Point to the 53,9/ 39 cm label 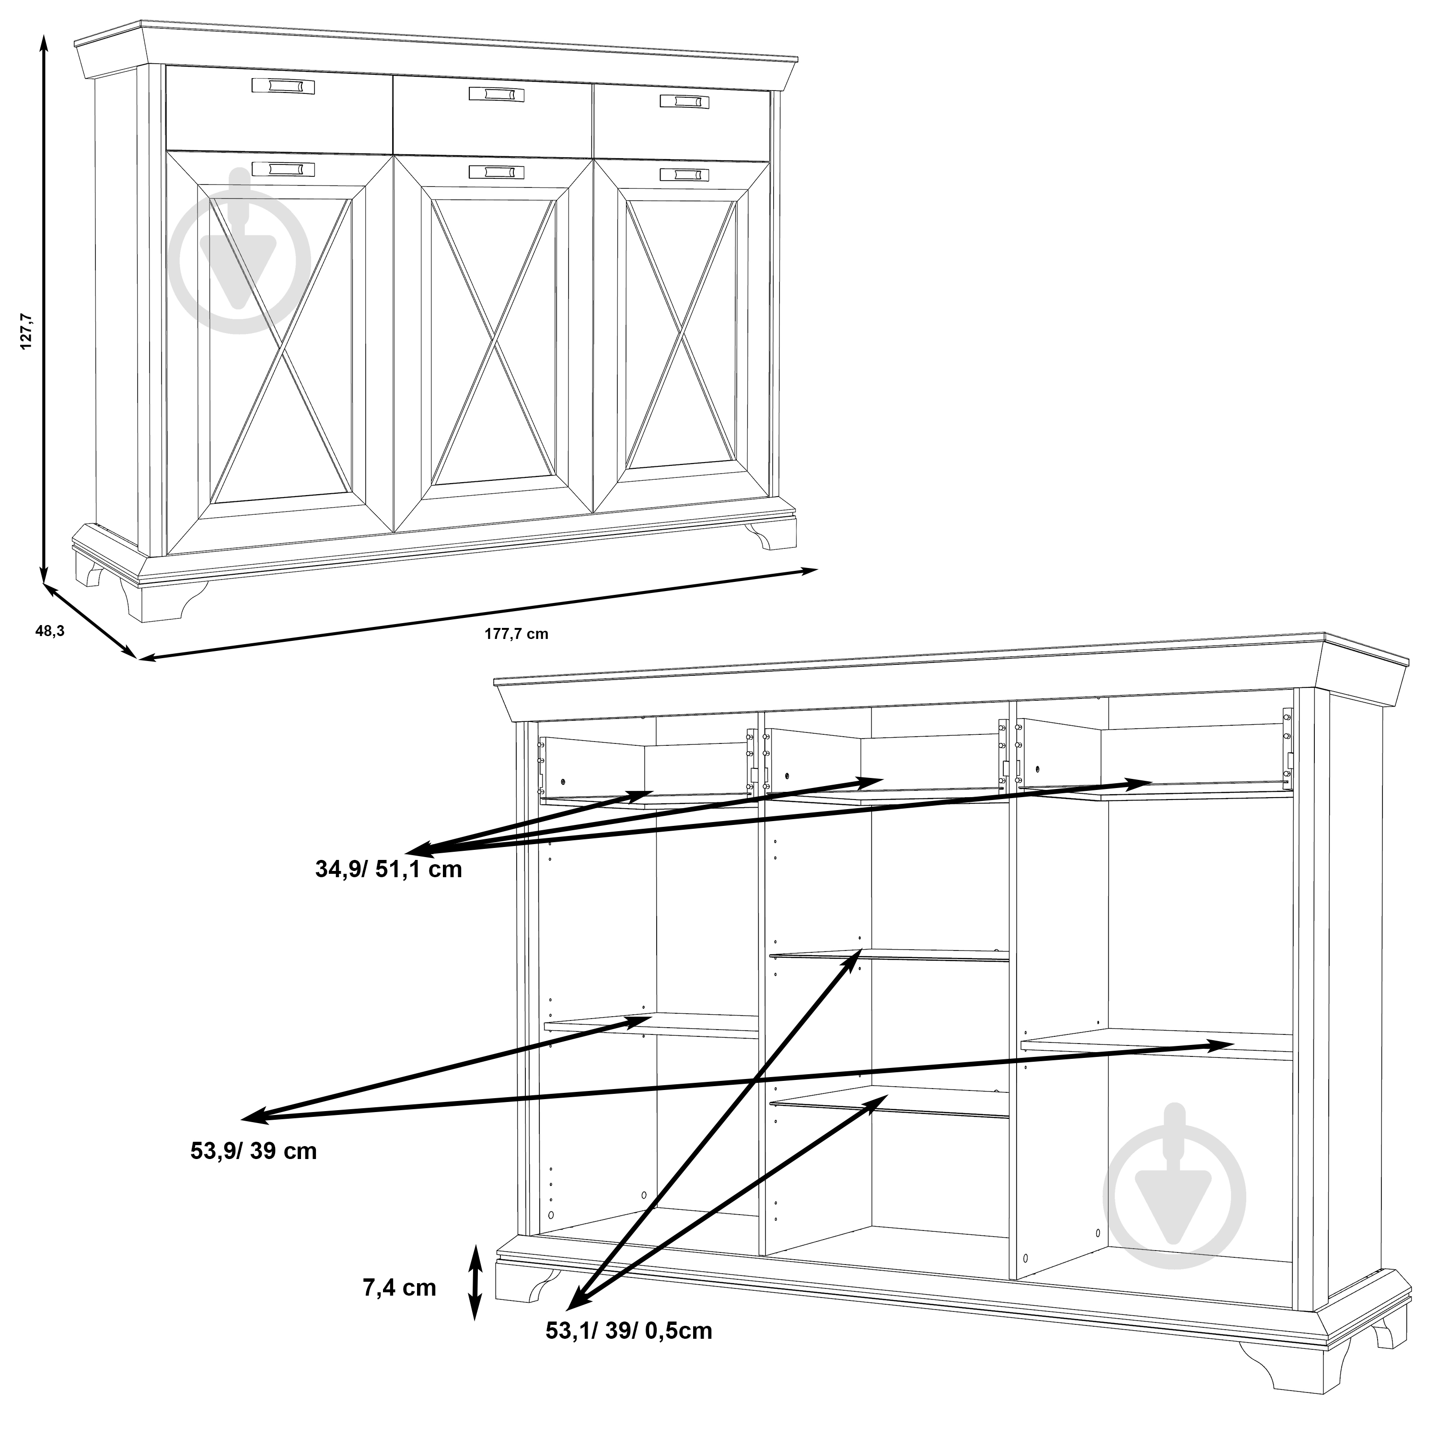254,1151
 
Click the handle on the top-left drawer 283,86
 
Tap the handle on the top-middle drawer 497,94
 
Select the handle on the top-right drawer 684,101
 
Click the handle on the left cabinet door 283,170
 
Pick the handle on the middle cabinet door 497,172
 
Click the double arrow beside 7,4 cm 475,1282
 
